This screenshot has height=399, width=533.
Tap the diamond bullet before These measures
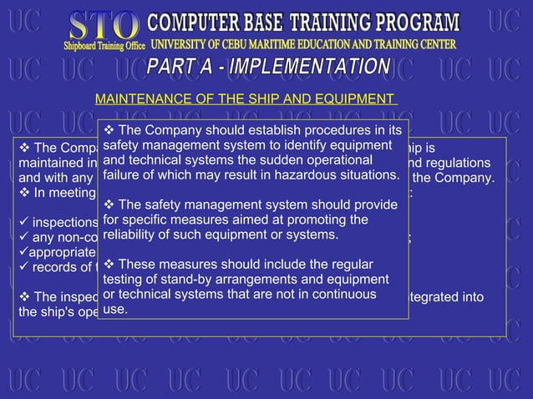click(109, 265)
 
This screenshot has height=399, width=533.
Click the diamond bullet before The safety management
click(109, 205)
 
